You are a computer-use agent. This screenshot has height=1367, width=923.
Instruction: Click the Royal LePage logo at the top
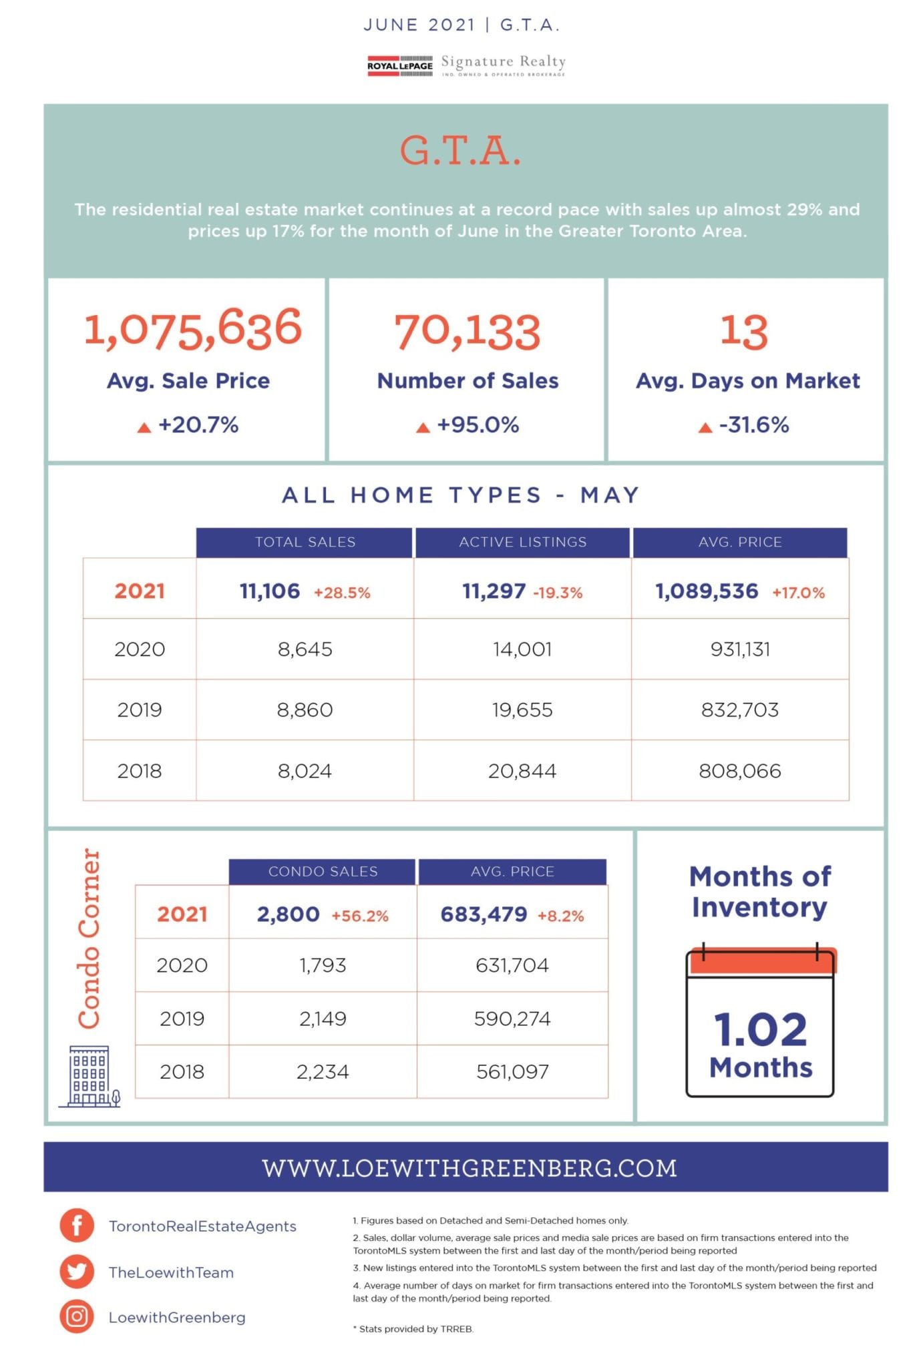click(x=400, y=65)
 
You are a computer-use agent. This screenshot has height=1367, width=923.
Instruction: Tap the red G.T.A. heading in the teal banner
click(x=461, y=151)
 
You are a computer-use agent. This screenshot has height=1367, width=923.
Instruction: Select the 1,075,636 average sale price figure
click(x=193, y=328)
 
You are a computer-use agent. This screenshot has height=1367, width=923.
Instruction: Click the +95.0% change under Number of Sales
click(x=478, y=425)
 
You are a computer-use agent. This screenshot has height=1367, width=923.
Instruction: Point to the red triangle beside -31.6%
click(x=705, y=427)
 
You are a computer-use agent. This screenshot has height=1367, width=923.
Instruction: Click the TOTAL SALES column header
click(x=305, y=542)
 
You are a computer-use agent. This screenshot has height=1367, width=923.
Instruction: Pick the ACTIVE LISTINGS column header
click(x=522, y=542)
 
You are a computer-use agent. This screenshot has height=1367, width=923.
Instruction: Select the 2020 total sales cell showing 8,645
click(x=305, y=649)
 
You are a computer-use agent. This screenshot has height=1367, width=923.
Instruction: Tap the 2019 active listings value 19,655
click(x=522, y=710)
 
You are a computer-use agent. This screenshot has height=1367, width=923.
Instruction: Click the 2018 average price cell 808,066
click(x=740, y=771)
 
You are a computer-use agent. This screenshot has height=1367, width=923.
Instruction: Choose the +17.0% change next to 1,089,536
click(x=798, y=593)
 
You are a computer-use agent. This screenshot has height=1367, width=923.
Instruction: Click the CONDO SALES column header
click(x=323, y=871)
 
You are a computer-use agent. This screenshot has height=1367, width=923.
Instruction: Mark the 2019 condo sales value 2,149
click(x=323, y=1019)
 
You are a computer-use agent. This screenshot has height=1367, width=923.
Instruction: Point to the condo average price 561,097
click(x=512, y=1072)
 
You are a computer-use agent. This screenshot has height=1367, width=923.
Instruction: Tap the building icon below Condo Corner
click(x=90, y=1077)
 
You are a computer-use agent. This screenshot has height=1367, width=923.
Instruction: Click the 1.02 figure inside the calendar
click(x=760, y=1029)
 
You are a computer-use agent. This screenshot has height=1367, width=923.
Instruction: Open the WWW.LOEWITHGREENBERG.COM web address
click(x=470, y=1168)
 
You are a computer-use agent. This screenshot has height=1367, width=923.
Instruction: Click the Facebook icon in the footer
click(x=77, y=1225)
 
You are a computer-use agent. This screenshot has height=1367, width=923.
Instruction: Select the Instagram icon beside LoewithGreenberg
click(x=77, y=1316)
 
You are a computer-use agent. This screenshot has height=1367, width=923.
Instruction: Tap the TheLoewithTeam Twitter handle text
click(x=172, y=1272)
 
